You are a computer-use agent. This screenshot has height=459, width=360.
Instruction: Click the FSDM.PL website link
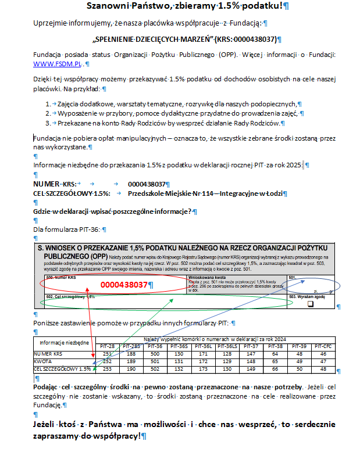[59, 63]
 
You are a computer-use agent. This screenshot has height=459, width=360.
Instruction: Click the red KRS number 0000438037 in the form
[124, 285]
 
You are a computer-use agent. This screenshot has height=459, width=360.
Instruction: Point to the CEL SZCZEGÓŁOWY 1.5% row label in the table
[62, 368]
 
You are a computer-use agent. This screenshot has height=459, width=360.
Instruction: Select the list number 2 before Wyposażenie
[48, 113]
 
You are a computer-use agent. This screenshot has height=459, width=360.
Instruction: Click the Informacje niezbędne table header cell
[64, 342]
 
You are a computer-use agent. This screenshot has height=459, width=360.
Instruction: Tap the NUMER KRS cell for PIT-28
[107, 353]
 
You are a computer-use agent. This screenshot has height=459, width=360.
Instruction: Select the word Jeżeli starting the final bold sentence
[48, 424]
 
